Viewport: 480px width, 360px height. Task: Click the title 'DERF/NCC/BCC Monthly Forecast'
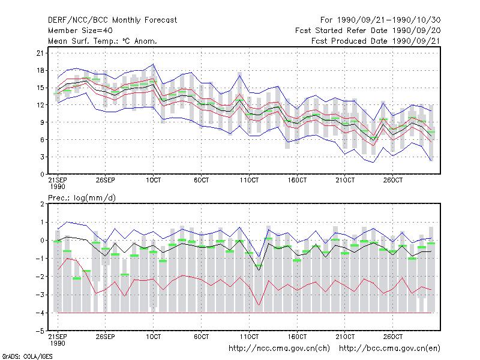(112, 20)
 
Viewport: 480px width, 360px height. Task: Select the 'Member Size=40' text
(80, 31)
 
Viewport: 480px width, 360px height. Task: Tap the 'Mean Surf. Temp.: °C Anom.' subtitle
(103, 41)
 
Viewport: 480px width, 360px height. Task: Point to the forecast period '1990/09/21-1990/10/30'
(389, 20)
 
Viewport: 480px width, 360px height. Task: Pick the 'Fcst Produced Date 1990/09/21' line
(376, 41)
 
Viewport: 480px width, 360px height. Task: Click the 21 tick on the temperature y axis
(40, 53)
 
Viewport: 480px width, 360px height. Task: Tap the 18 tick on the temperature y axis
(40, 70)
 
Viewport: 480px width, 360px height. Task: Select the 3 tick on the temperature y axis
(42, 157)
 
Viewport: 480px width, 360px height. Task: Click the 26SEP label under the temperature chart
(106, 180)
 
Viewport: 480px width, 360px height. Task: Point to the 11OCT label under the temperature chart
(249, 180)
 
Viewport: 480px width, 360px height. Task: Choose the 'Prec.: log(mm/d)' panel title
(82, 198)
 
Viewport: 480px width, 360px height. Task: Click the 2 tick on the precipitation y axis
(42, 204)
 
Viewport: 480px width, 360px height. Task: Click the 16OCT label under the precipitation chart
(297, 337)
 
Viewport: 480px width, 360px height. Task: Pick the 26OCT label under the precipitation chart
(393, 337)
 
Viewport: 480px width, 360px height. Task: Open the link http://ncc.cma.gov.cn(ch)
(279, 349)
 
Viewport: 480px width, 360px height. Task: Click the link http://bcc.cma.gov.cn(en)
(389, 349)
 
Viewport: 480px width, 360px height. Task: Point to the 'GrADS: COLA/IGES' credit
(27, 356)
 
